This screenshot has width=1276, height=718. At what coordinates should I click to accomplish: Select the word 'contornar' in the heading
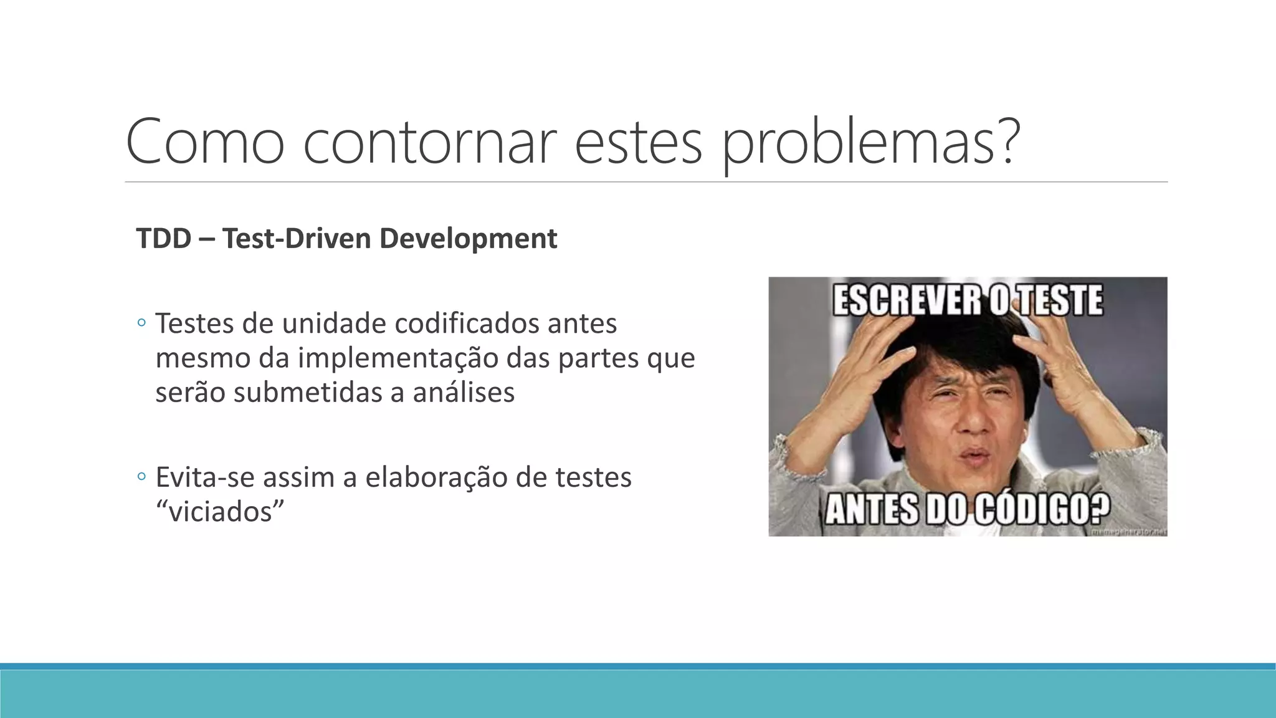click(429, 142)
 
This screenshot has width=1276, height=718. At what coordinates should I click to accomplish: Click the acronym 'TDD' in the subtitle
click(164, 239)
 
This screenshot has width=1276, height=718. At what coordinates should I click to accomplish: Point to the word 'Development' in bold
click(469, 239)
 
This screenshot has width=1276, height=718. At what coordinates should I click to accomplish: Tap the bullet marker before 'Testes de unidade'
click(141, 323)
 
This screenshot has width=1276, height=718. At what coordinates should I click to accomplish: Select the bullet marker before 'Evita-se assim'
click(141, 477)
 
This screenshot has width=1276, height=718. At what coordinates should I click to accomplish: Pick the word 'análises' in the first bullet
click(464, 393)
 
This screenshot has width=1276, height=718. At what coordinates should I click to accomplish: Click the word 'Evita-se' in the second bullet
click(205, 477)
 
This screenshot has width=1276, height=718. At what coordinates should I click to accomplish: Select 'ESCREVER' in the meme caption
click(907, 300)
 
